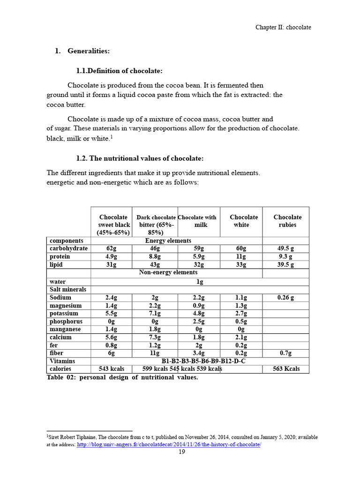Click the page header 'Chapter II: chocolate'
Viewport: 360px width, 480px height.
[283, 27]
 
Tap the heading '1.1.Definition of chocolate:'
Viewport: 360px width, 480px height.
[119, 71]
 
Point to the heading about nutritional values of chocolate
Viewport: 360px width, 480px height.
[140, 158]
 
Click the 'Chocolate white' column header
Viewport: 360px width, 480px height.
[244, 221]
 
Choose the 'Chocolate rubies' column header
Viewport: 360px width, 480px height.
[287, 221]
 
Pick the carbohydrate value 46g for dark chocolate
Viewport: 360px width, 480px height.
[155, 248]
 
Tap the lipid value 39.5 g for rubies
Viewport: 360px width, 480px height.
[285, 264]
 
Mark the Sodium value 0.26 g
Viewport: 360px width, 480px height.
[285, 298]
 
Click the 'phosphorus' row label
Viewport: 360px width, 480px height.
[66, 322]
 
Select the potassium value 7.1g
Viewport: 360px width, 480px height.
[155, 314]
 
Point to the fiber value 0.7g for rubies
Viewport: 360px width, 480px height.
[285, 353]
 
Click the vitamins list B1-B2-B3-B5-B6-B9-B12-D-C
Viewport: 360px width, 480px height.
[203, 361]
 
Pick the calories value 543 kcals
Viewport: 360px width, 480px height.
[111, 369]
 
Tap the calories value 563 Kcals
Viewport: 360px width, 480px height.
[285, 369]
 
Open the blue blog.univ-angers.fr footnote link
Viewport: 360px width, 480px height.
[169, 444]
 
